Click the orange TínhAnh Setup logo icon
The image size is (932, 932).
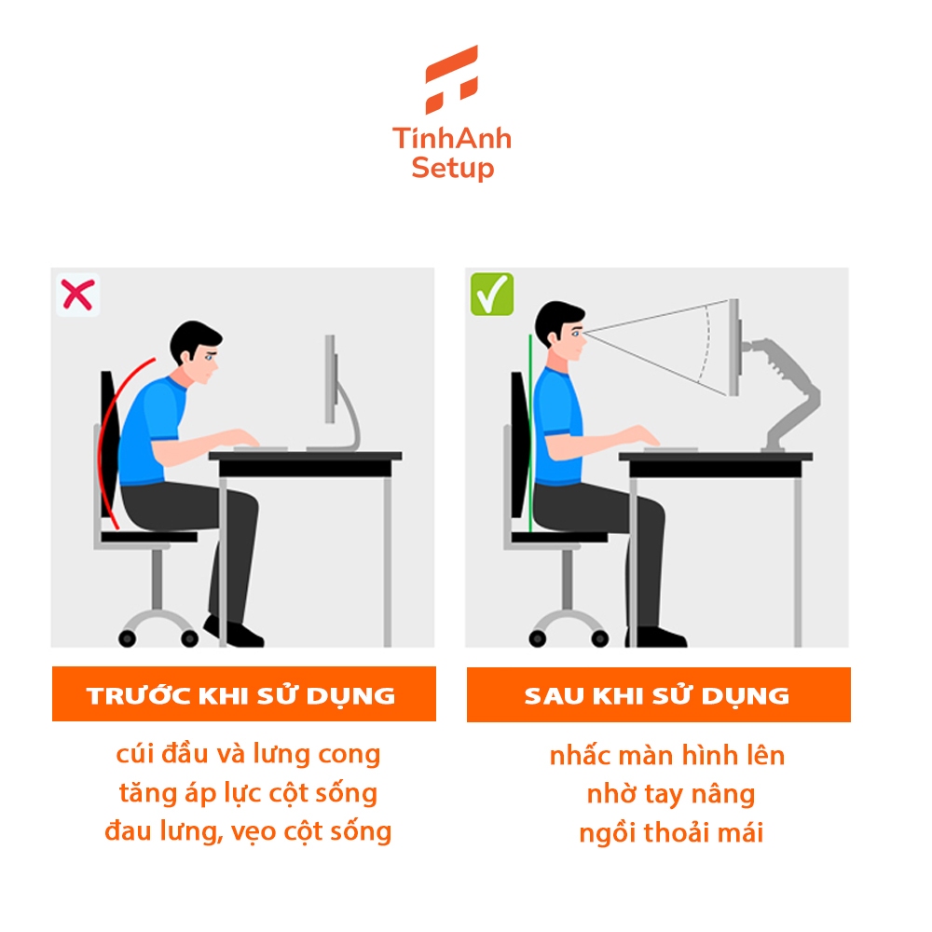click(x=452, y=79)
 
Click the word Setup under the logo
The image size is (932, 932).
click(x=452, y=168)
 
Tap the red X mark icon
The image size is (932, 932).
click(x=77, y=295)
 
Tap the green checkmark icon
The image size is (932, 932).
click(x=491, y=294)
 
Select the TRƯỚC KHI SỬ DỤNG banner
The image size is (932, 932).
click(x=243, y=694)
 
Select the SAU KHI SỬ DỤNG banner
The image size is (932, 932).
click(x=659, y=695)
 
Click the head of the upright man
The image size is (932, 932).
click(x=561, y=331)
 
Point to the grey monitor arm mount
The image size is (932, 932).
click(x=784, y=393)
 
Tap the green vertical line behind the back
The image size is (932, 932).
click(x=530, y=434)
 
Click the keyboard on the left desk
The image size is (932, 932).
click(x=261, y=448)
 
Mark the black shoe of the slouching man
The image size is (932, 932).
click(x=234, y=632)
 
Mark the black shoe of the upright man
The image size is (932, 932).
click(x=656, y=637)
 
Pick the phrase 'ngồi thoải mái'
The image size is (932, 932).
click(x=671, y=832)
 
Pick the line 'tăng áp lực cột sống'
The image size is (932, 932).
click(x=248, y=793)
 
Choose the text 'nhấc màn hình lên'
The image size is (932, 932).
click(x=667, y=755)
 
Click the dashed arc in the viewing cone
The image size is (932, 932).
click(x=706, y=344)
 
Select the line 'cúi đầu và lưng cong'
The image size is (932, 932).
click(x=248, y=754)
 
